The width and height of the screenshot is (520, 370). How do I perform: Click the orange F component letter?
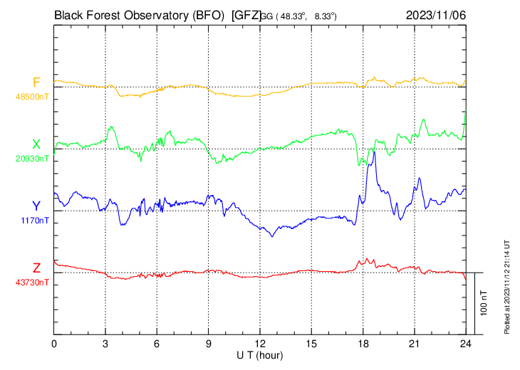[36, 83]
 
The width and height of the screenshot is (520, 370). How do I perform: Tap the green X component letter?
[36, 144]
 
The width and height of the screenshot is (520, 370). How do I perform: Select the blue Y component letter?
[36, 206]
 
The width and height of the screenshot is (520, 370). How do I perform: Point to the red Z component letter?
[36, 268]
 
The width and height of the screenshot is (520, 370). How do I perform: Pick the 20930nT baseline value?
[32, 159]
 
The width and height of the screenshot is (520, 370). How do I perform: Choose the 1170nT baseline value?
[34, 221]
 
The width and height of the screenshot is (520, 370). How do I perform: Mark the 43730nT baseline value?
[32, 282]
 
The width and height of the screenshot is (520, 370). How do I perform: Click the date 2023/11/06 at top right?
[436, 14]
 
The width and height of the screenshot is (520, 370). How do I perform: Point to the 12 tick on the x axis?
[260, 344]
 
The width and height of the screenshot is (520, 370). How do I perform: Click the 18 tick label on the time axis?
[363, 344]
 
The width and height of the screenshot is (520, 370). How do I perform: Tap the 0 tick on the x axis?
[54, 344]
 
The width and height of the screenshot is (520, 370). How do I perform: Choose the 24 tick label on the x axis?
[466, 344]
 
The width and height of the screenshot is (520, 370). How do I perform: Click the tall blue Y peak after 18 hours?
[374, 152]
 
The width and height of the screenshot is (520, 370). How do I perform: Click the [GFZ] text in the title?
[246, 14]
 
